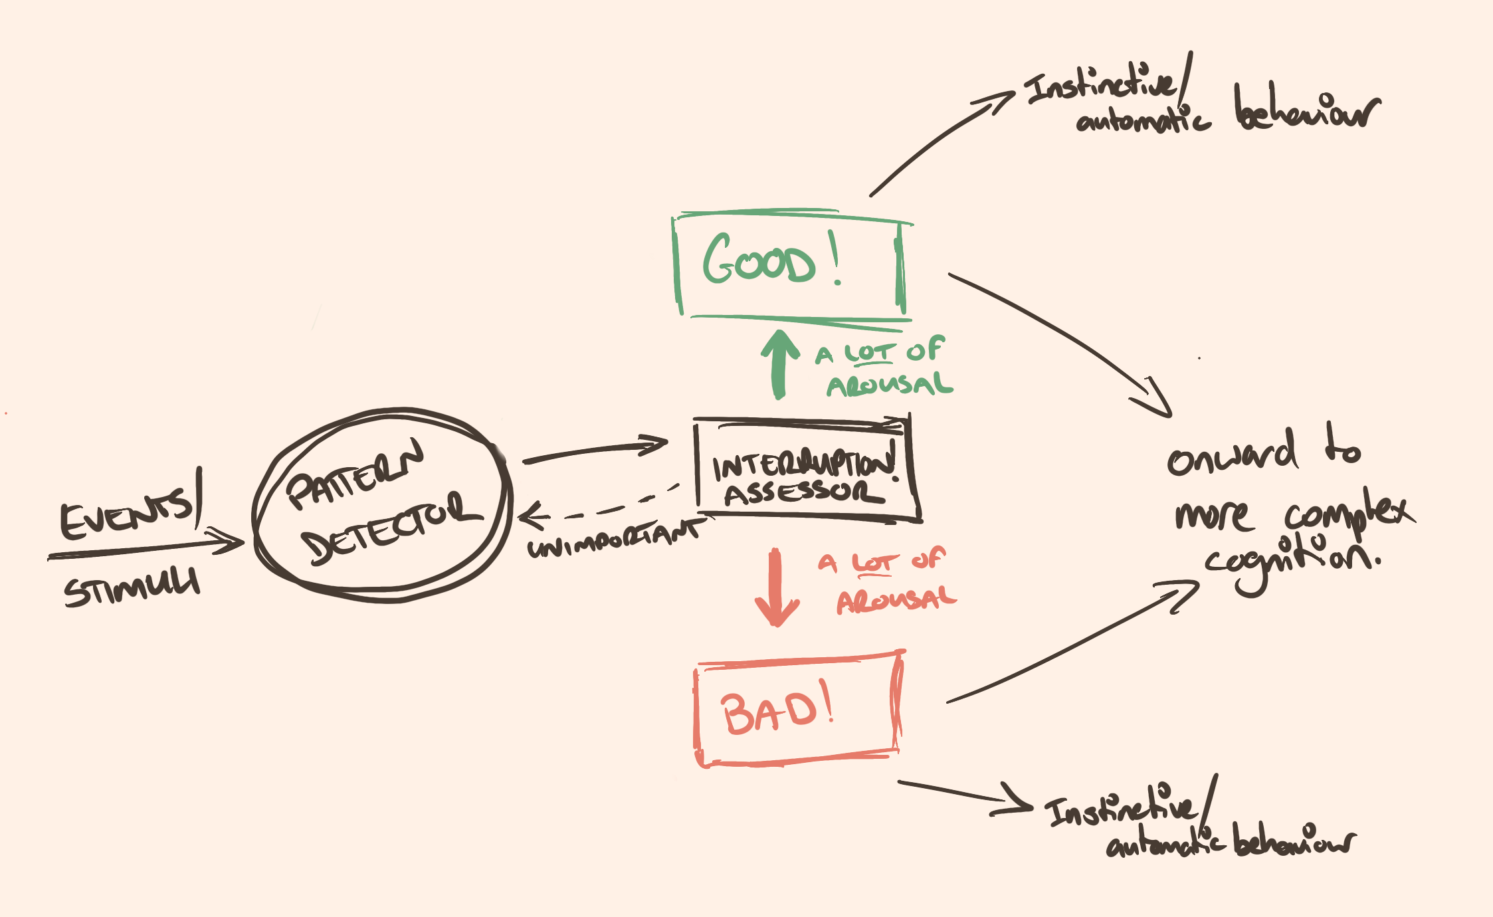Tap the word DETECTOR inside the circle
point(392,529)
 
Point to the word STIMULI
point(132,587)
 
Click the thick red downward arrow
point(776,589)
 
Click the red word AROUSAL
point(896,600)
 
